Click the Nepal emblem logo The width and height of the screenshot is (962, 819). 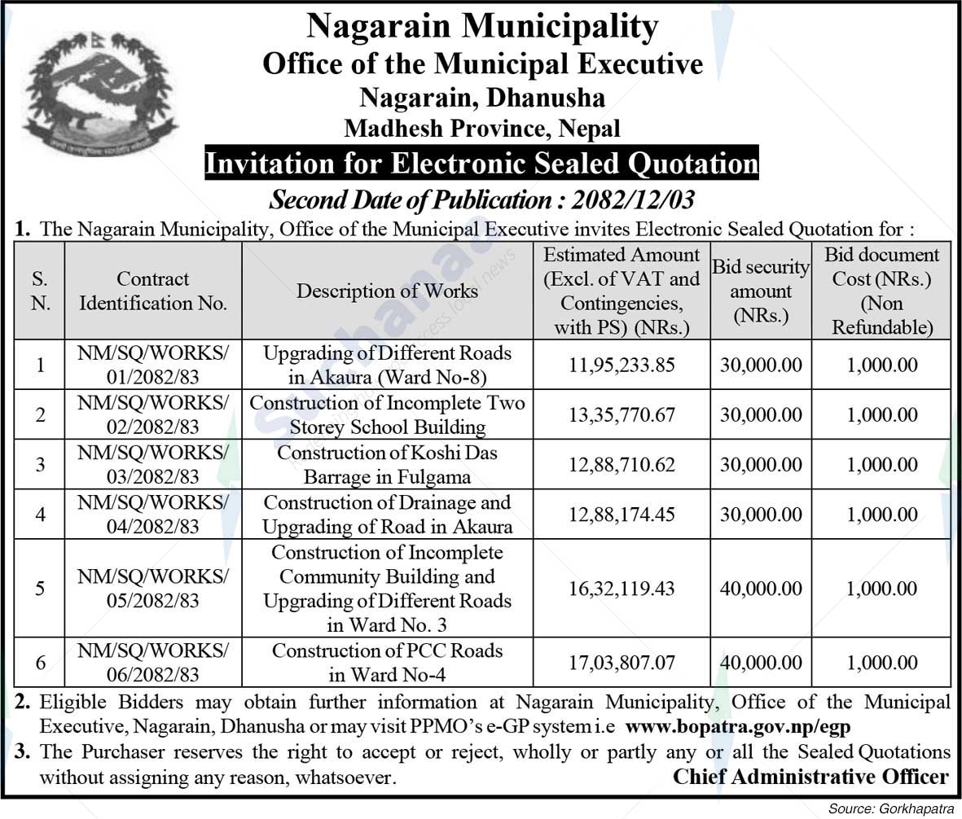click(x=100, y=94)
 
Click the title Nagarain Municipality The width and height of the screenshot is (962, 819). click(x=482, y=27)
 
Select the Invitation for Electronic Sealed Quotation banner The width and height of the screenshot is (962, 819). click(x=481, y=164)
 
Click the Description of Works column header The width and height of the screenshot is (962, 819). click(x=387, y=291)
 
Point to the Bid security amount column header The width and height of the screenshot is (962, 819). click(x=761, y=291)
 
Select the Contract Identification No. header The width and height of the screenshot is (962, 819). click(x=153, y=291)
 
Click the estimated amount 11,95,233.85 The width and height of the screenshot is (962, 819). click(x=622, y=366)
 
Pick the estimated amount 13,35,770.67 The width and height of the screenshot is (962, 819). click(x=622, y=415)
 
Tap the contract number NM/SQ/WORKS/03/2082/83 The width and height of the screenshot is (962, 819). click(x=153, y=464)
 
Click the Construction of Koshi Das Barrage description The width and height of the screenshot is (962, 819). click(x=387, y=464)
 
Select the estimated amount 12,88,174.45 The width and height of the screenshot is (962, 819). click(x=622, y=515)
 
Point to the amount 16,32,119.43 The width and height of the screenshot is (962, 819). click(x=622, y=589)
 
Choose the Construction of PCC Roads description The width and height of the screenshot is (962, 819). click(x=387, y=663)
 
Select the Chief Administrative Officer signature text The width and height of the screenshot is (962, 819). click(x=810, y=777)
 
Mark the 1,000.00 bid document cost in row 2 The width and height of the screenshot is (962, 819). click(x=881, y=415)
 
